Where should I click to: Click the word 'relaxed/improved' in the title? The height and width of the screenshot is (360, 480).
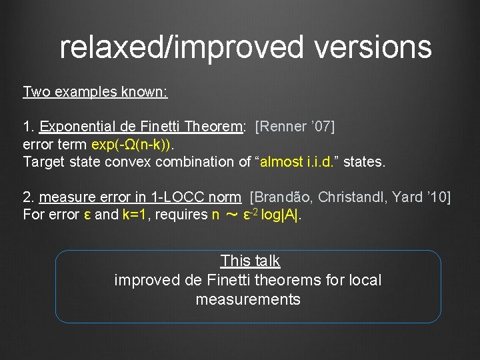pyautogui.click(x=167, y=47)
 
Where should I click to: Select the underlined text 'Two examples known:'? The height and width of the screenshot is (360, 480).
pyautogui.click(x=95, y=91)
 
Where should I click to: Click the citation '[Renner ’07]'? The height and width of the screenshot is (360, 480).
pyautogui.click(x=295, y=127)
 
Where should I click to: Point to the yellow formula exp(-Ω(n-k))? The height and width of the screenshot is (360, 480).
pyautogui.click(x=131, y=144)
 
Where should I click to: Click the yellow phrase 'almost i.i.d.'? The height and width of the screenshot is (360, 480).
pyautogui.click(x=297, y=161)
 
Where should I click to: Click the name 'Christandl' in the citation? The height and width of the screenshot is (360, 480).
pyautogui.click(x=357, y=197)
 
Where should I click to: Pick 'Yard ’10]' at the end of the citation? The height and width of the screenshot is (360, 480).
pyautogui.click(x=423, y=197)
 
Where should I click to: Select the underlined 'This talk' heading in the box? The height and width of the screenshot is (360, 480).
pyautogui.click(x=250, y=261)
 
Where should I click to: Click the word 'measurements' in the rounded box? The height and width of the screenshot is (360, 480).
pyautogui.click(x=248, y=299)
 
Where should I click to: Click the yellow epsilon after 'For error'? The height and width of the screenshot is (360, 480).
pyautogui.click(x=87, y=215)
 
